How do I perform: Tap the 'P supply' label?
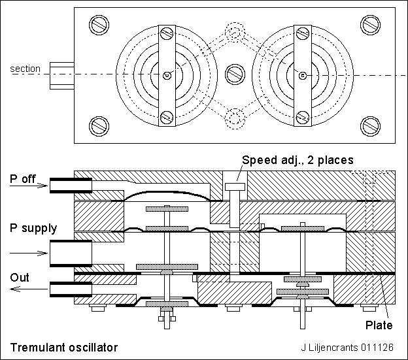pos(32,228)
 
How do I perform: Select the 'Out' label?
pos(19,278)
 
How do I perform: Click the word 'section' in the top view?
pos(25,69)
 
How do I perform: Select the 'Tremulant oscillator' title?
pos(63,346)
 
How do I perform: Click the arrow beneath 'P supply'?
pos(30,252)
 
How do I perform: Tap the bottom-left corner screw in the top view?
pos(99,123)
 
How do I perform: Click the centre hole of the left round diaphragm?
pos(167,75)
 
